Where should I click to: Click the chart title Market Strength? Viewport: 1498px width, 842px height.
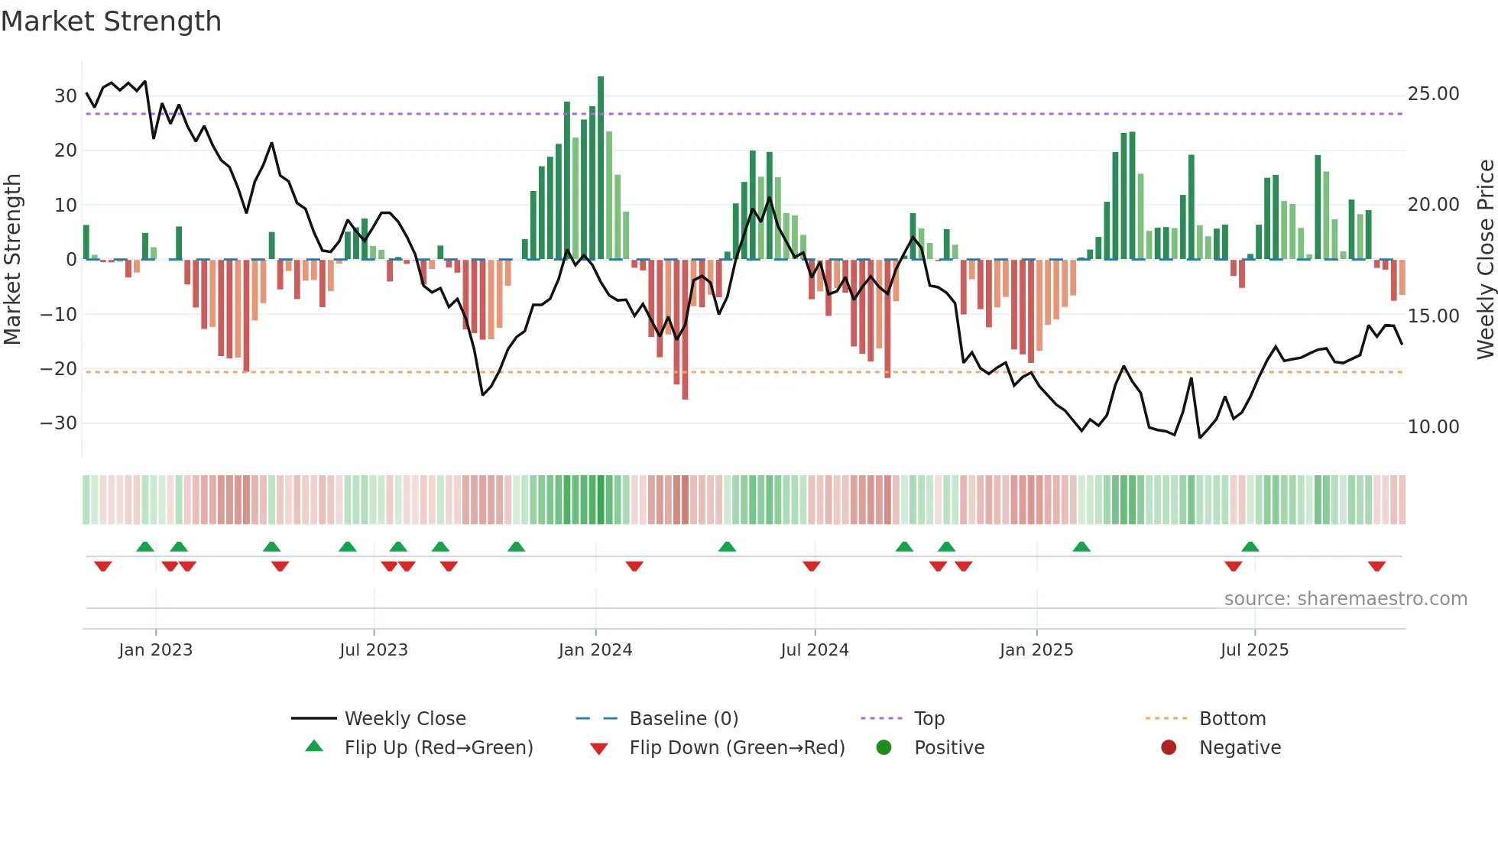pos(111,21)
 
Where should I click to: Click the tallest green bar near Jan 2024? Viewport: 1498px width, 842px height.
pos(601,167)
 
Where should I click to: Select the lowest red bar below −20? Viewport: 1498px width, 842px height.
pos(685,329)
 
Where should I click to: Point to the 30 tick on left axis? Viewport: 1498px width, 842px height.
pos(66,96)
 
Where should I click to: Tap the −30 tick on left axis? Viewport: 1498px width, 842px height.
pos(59,423)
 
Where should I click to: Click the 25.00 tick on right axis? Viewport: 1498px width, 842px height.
pos(1433,94)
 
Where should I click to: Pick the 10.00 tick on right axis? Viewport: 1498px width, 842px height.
pos(1433,427)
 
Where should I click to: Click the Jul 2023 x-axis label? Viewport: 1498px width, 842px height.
pos(374,650)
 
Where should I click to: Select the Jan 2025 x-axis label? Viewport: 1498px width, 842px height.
pos(1036,650)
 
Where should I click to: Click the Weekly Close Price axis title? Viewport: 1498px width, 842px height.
pos(1485,260)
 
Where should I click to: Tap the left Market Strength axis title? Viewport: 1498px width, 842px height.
pos(12,260)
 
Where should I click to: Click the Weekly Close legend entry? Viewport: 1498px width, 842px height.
pos(405,719)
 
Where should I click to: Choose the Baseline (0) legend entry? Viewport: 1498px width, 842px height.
pos(683,719)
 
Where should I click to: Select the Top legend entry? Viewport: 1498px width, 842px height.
pos(929,719)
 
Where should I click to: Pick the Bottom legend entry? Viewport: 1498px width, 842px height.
pos(1232,719)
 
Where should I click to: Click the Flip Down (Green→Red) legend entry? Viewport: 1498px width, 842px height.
pos(737,748)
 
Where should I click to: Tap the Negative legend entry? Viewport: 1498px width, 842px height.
pos(1240,748)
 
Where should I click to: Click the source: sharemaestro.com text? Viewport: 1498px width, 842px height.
pos(1345,599)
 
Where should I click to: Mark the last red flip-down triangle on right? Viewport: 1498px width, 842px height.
pos(1376,566)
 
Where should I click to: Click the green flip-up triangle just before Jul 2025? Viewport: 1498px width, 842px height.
pos(1250,546)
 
